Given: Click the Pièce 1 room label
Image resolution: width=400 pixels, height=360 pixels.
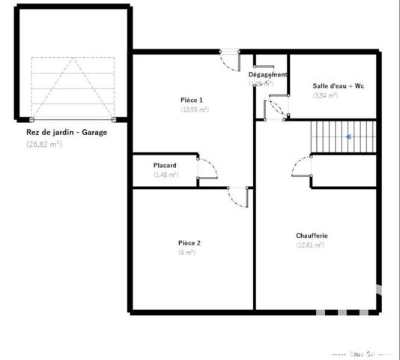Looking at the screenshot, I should tap(192, 100).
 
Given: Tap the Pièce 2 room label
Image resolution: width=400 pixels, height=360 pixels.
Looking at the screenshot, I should tap(190, 242).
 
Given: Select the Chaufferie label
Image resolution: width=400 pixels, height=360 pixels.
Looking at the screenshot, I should tap(312, 235).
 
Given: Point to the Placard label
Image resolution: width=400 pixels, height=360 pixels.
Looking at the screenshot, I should tap(165, 165).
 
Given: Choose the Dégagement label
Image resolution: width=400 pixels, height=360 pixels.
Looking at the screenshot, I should tap(267, 74).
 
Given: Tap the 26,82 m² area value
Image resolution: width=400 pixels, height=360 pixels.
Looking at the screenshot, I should tap(44, 144).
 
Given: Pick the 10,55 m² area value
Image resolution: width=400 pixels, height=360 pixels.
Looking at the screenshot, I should tap(194, 109).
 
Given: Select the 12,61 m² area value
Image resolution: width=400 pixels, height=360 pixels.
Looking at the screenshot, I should tap(310, 245).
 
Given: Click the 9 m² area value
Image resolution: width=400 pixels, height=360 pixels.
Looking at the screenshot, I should tap(187, 253).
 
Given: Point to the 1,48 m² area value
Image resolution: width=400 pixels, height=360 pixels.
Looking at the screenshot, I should tap(166, 175).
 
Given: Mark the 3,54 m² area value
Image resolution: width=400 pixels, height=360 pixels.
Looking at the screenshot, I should tap(325, 95).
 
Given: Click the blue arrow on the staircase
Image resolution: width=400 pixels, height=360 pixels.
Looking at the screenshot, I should tap(348, 136).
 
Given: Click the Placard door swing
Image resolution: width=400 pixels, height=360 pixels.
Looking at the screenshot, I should tap(207, 172).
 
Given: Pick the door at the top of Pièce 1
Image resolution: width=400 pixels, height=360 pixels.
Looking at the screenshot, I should tap(229, 60).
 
